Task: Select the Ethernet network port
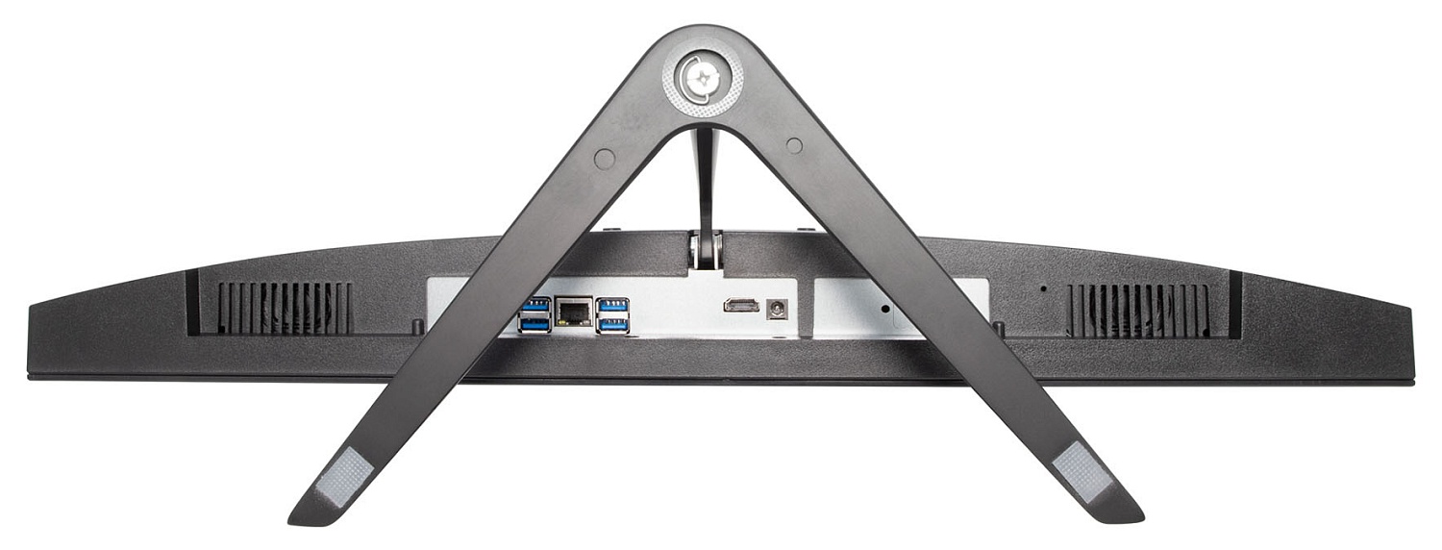[575, 312]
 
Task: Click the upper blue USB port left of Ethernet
[536, 305]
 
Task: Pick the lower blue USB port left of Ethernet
[535, 324]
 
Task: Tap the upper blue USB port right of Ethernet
[612, 305]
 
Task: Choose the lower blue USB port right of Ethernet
[612, 324]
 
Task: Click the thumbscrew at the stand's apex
[703, 76]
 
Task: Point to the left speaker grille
[285, 308]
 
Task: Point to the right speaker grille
[1138, 310]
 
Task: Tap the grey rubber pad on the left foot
[343, 476]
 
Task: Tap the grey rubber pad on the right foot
[1082, 472]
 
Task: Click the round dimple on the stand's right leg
[794, 145]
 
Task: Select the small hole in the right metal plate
[885, 310]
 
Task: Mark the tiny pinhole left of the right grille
[1044, 287]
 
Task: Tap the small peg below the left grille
[416, 327]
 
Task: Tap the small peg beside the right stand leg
[999, 328]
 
